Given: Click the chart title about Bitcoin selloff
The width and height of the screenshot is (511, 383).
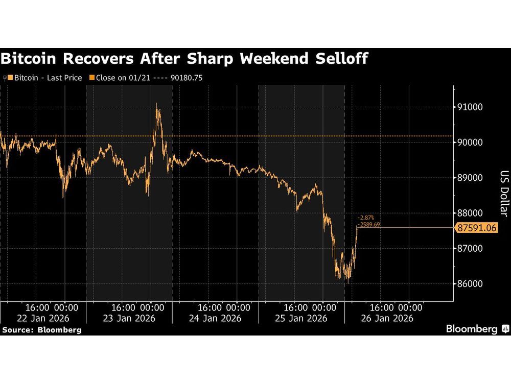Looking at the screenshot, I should [184, 59].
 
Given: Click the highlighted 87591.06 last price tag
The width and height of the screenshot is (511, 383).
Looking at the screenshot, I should [476, 228].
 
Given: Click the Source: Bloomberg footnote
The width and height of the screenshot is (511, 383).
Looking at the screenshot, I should [41, 330].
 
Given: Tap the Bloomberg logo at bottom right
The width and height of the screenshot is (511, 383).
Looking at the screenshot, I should [476, 329].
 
